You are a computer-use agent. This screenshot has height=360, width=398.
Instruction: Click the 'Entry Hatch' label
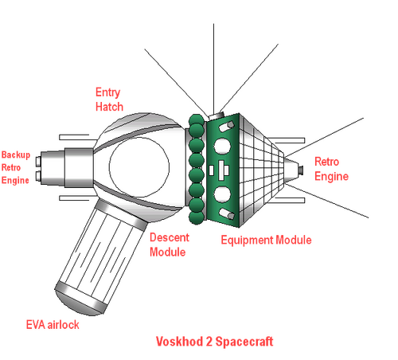point(109,100)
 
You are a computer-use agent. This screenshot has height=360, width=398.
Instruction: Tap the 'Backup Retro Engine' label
point(16,167)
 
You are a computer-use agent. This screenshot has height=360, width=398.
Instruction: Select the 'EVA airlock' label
point(53,325)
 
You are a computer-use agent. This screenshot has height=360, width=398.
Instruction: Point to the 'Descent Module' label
point(170,245)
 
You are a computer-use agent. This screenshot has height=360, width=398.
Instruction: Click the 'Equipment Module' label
point(266,240)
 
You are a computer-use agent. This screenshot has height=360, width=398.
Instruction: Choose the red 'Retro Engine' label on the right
point(331,169)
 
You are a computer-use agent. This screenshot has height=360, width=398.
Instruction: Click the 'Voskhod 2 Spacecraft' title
point(214,342)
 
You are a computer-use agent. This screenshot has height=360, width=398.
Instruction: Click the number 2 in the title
point(209,342)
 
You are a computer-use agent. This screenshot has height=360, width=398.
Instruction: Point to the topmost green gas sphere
point(197,119)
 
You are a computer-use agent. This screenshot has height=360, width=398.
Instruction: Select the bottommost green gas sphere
point(197,218)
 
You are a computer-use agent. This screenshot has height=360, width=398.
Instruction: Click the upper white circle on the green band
point(222,147)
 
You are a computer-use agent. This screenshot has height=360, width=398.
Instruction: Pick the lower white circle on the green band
point(222,194)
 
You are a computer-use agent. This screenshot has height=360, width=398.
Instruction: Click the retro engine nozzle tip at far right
point(301,170)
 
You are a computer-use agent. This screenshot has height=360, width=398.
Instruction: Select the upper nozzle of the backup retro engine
point(38,162)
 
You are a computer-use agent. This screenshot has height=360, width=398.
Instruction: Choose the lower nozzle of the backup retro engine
point(38,176)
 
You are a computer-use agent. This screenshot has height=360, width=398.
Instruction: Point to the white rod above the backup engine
point(74,137)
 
